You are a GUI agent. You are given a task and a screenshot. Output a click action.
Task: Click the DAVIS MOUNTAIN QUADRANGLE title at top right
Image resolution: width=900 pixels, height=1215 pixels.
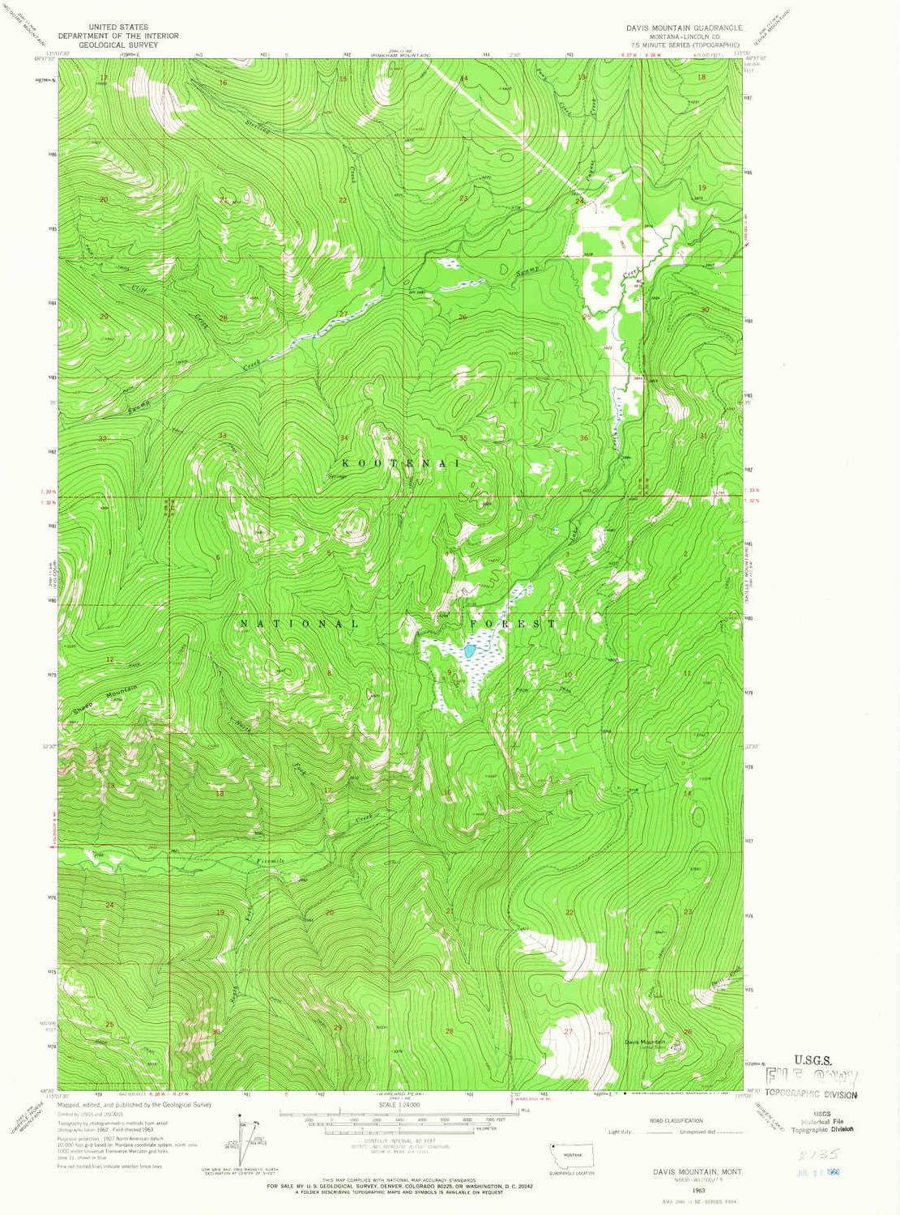[x=683, y=27]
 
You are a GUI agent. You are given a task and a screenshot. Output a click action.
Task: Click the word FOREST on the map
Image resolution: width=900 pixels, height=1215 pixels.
[x=514, y=624]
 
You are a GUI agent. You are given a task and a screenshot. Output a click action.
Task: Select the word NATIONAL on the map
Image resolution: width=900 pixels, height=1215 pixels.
[x=299, y=624]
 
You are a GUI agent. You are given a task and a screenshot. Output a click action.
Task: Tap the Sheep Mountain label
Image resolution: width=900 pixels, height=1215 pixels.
[x=100, y=699]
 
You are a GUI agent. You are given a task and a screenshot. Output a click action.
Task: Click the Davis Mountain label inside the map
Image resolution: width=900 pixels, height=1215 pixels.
[x=644, y=1042]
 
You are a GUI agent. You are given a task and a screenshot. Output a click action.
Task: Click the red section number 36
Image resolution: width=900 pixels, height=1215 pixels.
[x=583, y=438]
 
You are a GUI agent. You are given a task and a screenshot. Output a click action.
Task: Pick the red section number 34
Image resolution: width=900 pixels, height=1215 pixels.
[x=343, y=438]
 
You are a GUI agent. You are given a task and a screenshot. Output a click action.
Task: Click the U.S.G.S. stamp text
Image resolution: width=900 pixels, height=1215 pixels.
[x=812, y=1059]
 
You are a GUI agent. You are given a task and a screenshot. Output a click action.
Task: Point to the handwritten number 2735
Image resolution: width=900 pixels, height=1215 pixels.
[x=813, y=1153]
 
